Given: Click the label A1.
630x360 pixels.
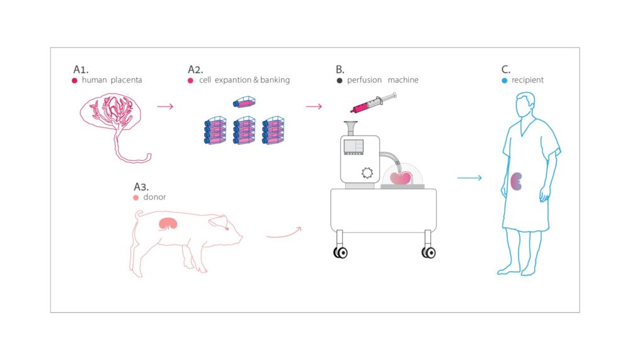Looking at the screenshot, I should (x=83, y=68).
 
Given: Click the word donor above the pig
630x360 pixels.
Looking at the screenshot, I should (x=154, y=197).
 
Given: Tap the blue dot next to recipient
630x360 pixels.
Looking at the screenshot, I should (x=504, y=80).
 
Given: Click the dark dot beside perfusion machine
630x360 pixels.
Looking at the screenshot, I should (x=340, y=80).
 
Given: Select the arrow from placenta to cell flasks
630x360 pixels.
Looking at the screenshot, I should (x=165, y=107).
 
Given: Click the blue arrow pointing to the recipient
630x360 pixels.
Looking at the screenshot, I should (x=469, y=178).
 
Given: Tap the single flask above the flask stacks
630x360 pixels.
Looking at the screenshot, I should (x=244, y=102).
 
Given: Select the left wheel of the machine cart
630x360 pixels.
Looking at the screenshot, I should (x=341, y=252).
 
